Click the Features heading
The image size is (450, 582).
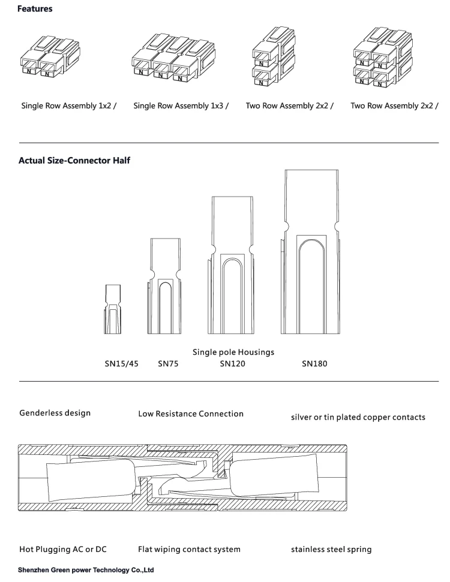coord(35,10)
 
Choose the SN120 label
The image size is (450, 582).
coord(232,363)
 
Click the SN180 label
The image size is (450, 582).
coord(314,363)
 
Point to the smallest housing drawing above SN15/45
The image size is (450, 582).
coord(113,308)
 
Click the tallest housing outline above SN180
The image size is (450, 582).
coord(310,251)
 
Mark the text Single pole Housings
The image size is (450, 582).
coord(233,352)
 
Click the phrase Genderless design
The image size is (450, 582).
coord(56,413)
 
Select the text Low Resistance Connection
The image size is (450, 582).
coord(191,414)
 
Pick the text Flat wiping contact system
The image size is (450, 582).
coord(190,548)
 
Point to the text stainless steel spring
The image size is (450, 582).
coord(331,548)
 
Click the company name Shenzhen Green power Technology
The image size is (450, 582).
coord(86,570)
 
